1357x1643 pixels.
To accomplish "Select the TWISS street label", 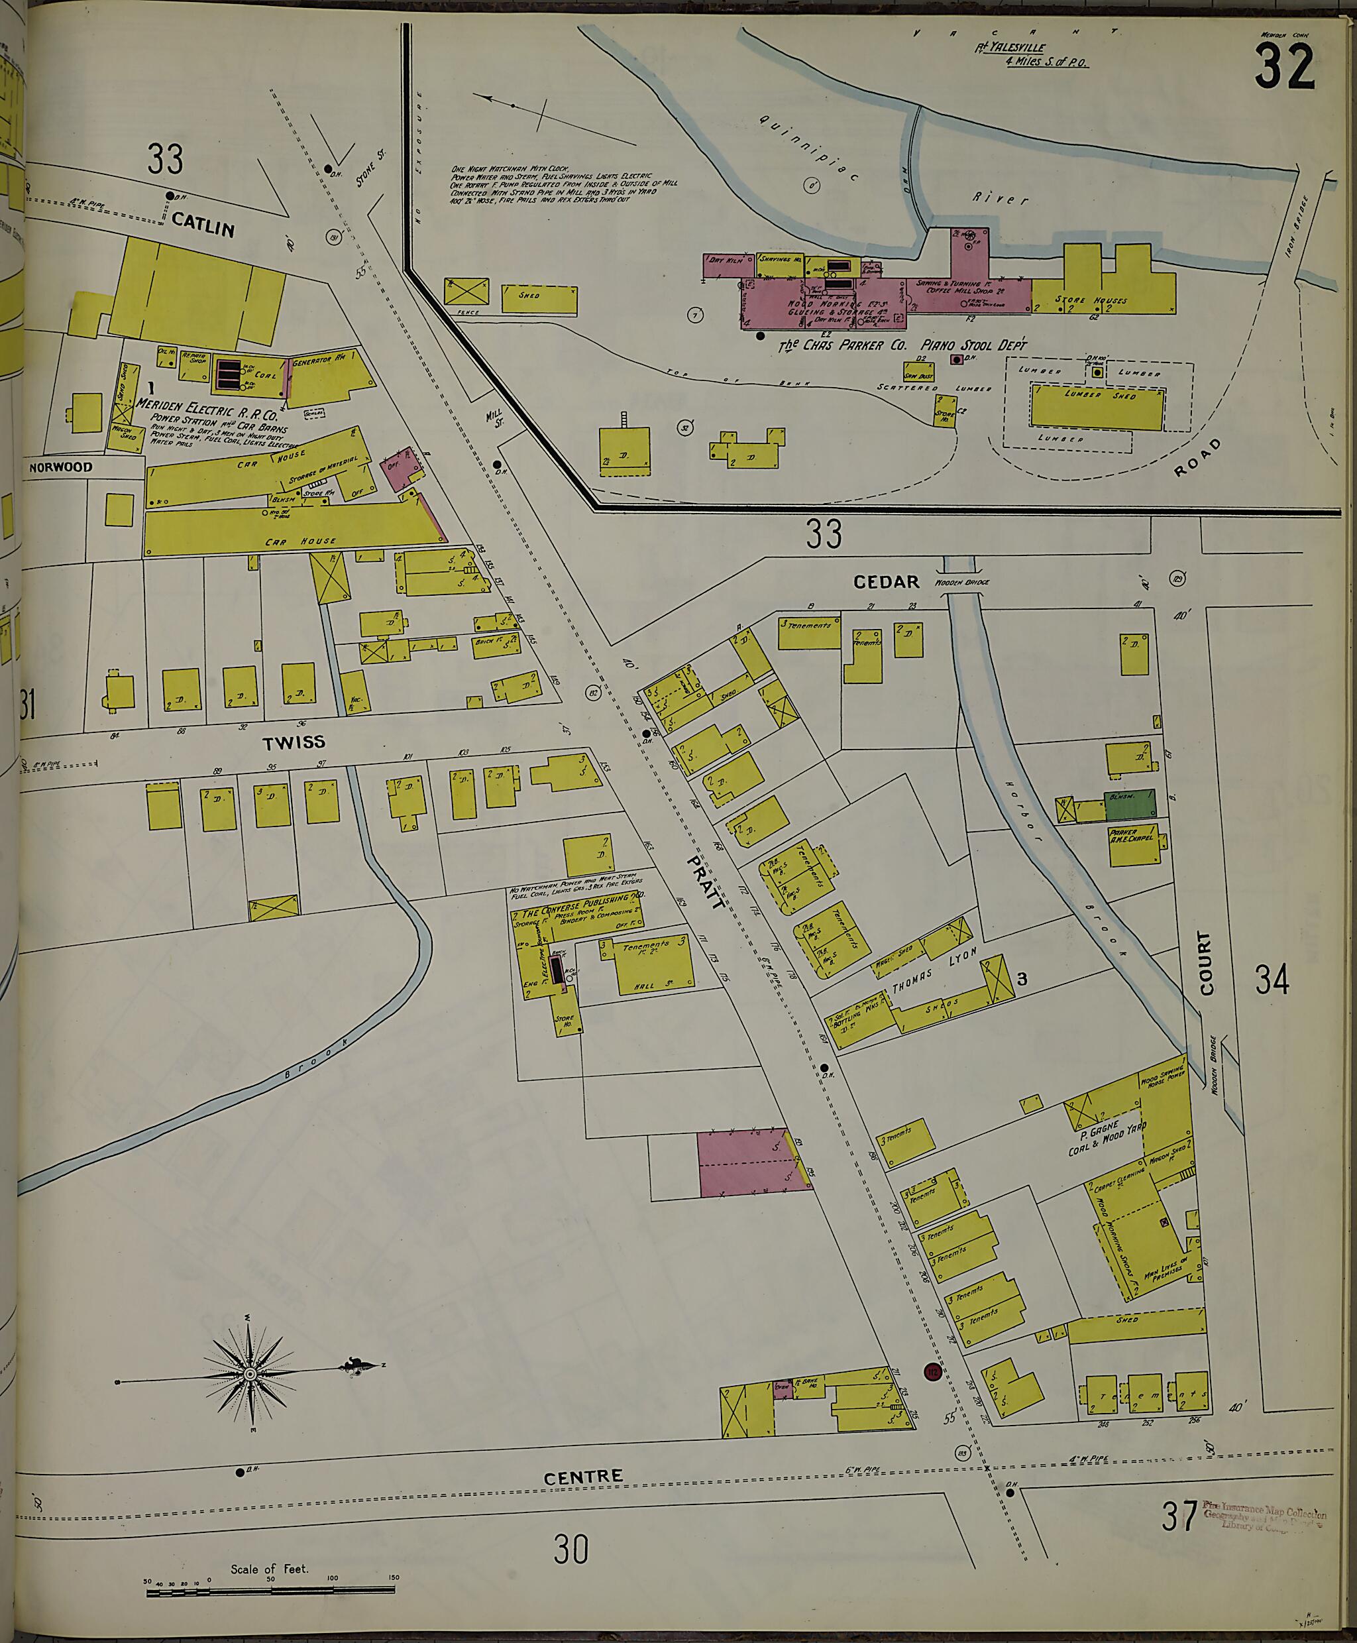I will click(x=294, y=742).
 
